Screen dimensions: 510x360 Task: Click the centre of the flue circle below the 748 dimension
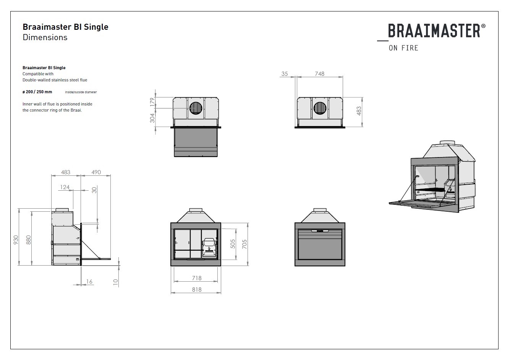[x=320, y=108]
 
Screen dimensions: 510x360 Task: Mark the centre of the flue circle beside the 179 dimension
[x=196, y=108]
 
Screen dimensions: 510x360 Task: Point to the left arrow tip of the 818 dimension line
[x=171, y=293]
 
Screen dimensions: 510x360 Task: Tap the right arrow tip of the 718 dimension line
[x=218, y=281]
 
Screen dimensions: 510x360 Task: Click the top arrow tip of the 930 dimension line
[x=19, y=209]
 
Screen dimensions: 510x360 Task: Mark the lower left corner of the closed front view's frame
[x=295, y=266]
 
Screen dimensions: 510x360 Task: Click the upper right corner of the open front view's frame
[x=221, y=223]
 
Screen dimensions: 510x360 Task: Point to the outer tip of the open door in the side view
[x=111, y=259]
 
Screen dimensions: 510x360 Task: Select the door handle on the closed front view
[x=320, y=231]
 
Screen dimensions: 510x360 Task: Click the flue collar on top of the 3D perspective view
[x=447, y=143]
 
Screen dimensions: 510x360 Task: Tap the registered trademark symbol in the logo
[x=483, y=26]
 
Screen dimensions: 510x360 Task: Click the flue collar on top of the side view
[x=62, y=210]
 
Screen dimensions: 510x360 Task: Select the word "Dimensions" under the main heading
[x=45, y=37]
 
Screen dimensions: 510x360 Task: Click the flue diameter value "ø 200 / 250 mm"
[x=37, y=92]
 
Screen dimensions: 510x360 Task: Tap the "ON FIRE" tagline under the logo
[x=403, y=48]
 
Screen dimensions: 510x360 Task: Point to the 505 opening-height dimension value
[x=233, y=244]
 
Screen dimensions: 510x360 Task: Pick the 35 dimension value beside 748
[x=285, y=74]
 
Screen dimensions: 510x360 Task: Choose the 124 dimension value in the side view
[x=65, y=187]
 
